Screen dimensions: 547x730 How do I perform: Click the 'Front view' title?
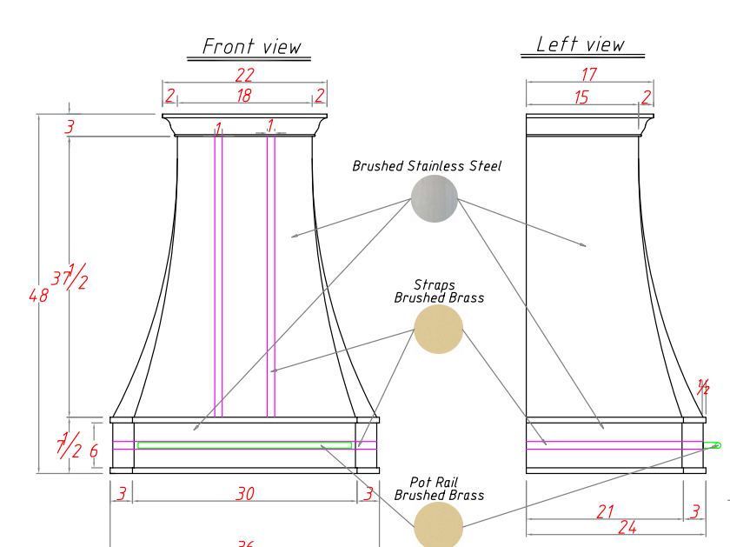tap(252, 46)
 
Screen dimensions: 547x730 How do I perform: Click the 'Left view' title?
tap(580, 44)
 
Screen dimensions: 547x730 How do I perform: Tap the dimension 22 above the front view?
tap(244, 76)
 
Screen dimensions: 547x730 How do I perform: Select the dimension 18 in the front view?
tap(244, 95)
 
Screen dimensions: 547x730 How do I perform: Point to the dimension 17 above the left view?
tap(589, 76)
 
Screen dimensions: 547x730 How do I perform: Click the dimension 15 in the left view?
tap(581, 97)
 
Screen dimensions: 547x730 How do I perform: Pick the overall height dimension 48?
tap(38, 296)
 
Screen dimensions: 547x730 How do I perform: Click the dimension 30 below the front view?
tap(245, 494)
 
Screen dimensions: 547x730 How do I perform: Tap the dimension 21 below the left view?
tap(605, 511)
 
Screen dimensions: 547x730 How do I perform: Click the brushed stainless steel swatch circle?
tap(434, 198)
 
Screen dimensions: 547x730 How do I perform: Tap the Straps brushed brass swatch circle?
tap(438, 329)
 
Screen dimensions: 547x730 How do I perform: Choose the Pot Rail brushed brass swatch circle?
tap(438, 525)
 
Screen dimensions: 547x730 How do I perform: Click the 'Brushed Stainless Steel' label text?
tap(427, 166)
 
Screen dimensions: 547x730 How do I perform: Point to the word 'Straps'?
tap(435, 285)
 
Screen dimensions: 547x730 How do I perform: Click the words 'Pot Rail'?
tap(434, 482)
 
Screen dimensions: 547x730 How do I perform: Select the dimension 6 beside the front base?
tap(94, 451)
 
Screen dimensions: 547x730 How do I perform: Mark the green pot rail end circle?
tap(717, 445)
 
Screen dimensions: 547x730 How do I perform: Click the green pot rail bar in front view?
tap(244, 444)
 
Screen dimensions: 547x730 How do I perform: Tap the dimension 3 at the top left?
tap(70, 128)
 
